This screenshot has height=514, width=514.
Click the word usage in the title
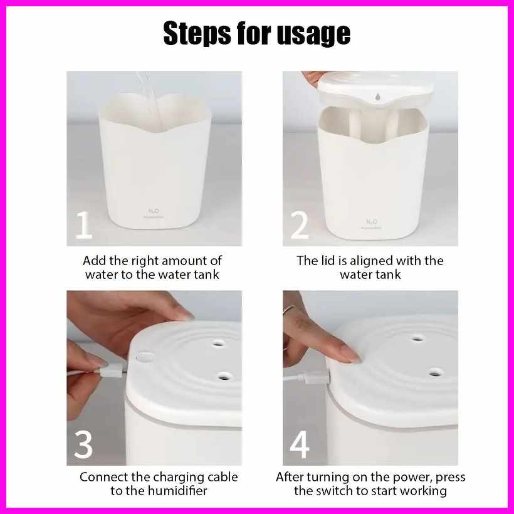point(313,34)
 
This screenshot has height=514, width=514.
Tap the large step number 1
point(83,224)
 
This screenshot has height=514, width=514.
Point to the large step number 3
point(83,444)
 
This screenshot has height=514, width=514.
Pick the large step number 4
point(300,444)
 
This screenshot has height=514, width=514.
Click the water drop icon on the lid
point(377,97)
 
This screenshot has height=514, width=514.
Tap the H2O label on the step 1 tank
point(154,211)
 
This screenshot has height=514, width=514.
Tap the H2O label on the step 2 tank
point(372,222)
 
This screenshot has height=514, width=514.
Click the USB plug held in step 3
point(111,372)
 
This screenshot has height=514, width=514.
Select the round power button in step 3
point(144,357)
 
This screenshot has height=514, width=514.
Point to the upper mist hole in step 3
point(218,344)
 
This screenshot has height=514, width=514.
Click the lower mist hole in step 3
point(224,375)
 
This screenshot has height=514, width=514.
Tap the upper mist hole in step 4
point(417,338)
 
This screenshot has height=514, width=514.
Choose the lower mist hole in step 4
point(436,372)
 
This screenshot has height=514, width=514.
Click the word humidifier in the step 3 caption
point(177,491)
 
